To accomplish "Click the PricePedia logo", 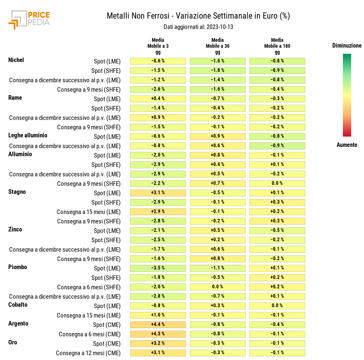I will click(29, 20).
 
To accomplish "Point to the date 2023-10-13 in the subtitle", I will click(216, 27).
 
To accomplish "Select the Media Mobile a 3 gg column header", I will click(158, 46).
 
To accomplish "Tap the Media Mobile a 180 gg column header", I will click(277, 46).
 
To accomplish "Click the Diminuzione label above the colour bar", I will click(347, 46).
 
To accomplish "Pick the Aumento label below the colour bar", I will click(347, 145).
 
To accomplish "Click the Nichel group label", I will click(16, 60).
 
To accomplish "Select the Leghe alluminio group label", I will click(28, 135).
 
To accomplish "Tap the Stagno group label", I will click(17, 192).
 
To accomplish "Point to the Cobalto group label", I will click(18, 305).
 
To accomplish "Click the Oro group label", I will click(13, 342).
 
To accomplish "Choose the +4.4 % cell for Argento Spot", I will click(158, 324).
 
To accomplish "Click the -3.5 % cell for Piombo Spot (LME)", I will click(158, 268).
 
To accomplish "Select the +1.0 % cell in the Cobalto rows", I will click(158, 315).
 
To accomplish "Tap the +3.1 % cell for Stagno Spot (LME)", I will click(158, 193).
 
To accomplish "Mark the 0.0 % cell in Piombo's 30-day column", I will click(218, 287).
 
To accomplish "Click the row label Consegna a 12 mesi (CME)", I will click(88, 353).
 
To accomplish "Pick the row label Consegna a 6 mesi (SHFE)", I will click(89, 287).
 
